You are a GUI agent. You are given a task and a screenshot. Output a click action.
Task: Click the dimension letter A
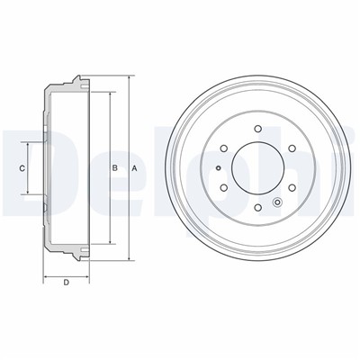point(135,168)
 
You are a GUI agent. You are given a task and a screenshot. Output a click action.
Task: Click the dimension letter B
point(114,168)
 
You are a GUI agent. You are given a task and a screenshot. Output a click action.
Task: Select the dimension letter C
point(22,168)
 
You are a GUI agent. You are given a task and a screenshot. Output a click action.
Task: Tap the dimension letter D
point(67,282)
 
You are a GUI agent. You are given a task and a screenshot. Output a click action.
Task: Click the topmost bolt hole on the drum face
point(257,129)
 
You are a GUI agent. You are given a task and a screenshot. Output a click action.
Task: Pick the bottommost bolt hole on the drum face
point(257,207)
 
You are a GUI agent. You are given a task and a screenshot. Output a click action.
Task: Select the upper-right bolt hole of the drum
point(292,148)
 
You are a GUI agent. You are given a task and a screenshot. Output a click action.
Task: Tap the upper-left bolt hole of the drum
point(223,148)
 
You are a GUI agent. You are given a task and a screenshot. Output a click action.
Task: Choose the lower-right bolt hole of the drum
point(292,187)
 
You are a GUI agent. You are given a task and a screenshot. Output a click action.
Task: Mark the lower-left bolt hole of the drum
point(223,187)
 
